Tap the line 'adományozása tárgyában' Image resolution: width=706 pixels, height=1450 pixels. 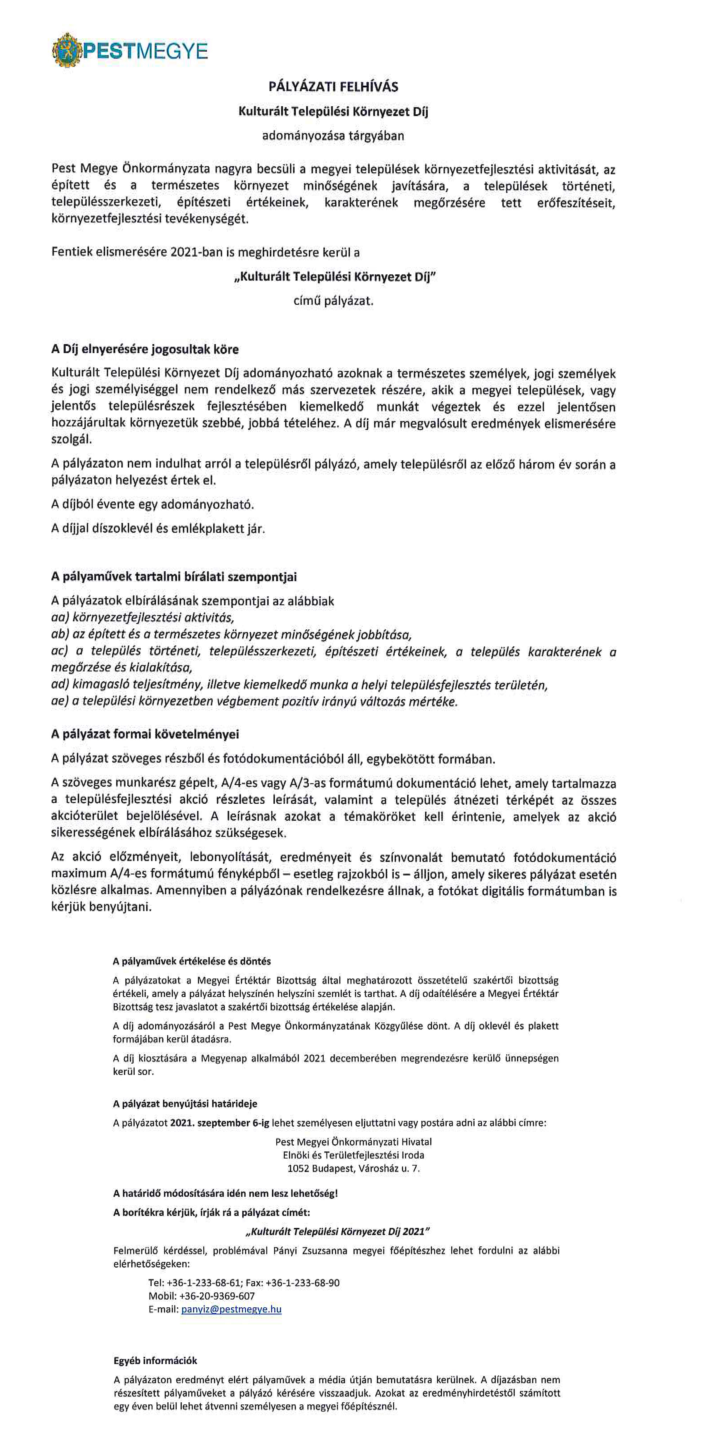(333, 136)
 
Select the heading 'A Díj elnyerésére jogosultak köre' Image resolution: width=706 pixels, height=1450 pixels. (145, 349)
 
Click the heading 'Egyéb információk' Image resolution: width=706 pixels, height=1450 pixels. (155, 1361)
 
